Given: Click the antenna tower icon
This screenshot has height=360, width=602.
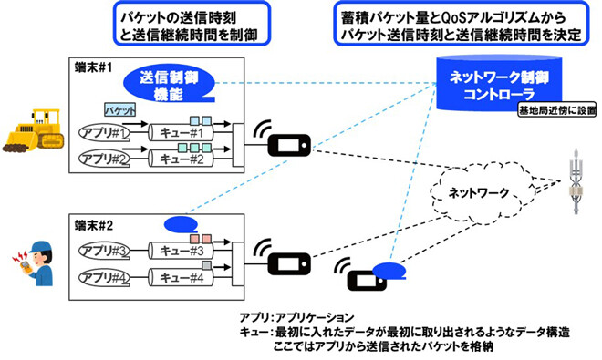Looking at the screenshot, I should coord(574,179).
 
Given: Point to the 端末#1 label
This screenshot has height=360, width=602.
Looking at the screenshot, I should coord(93,67).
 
